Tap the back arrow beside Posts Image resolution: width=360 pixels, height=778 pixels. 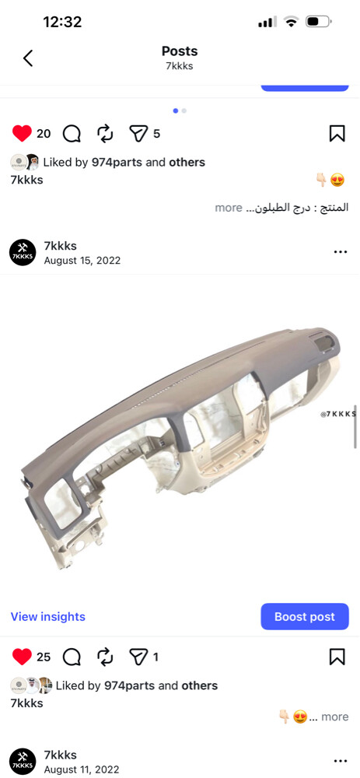[28, 58]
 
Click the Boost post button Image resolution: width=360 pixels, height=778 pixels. [305, 617]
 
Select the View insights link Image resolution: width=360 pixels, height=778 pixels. [48, 617]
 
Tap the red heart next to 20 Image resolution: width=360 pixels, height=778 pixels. [22, 134]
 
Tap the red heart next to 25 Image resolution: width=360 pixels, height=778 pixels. [22, 657]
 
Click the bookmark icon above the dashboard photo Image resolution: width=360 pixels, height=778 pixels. [337, 134]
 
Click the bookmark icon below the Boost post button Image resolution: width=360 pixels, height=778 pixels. [337, 657]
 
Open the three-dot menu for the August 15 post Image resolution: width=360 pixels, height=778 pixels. [341, 252]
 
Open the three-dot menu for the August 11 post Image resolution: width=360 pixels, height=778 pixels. [341, 761]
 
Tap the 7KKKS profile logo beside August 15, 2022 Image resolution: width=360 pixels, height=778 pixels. [23, 252]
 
